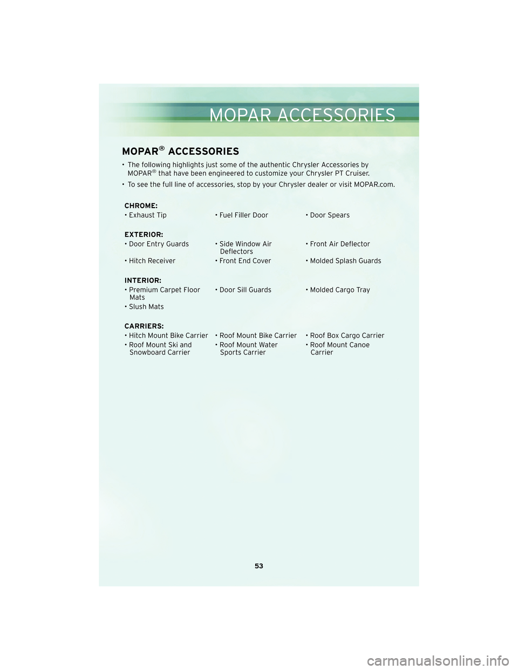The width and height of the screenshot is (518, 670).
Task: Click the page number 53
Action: pos(259,566)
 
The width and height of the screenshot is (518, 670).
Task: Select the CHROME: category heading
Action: pos(141,206)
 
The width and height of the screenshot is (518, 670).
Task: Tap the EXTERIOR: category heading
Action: pos(144,235)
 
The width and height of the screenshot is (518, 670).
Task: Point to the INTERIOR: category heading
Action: pos(142,281)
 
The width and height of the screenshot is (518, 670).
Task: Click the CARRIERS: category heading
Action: pos(144,326)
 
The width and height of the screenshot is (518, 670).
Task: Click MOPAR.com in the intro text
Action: pos(374,184)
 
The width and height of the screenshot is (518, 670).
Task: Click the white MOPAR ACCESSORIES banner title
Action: pos(302,115)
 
